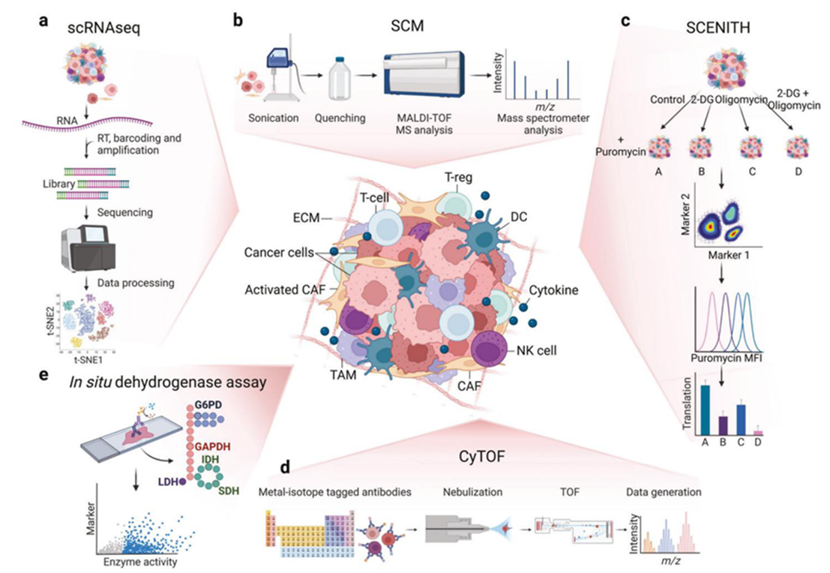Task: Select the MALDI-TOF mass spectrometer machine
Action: [x=426, y=75]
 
